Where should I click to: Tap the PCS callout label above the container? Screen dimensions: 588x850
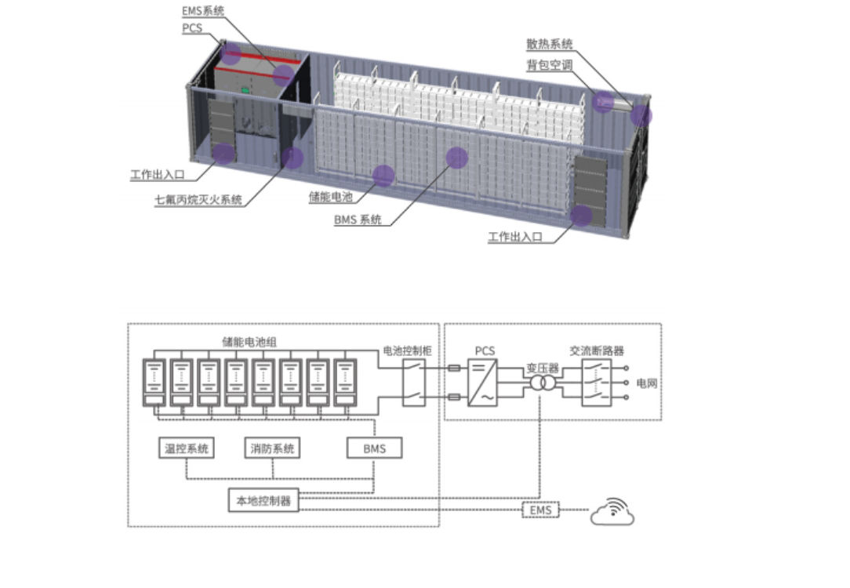(x=192, y=28)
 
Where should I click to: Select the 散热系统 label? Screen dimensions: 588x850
(x=549, y=44)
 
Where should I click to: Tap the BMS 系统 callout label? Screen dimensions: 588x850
(x=358, y=220)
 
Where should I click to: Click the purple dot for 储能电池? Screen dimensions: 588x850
(x=383, y=176)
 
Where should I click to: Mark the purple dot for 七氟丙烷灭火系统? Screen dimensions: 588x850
(x=292, y=158)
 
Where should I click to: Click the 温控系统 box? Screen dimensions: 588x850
(x=187, y=448)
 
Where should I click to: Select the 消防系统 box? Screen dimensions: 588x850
(x=273, y=448)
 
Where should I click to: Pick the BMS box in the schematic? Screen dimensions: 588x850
(x=375, y=448)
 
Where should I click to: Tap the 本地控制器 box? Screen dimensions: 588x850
(x=263, y=500)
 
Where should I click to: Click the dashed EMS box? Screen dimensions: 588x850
(x=540, y=510)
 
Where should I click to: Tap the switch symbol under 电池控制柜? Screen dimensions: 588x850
(x=414, y=383)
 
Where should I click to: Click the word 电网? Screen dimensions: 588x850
(x=647, y=383)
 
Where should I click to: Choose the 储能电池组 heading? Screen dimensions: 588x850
(x=249, y=342)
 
